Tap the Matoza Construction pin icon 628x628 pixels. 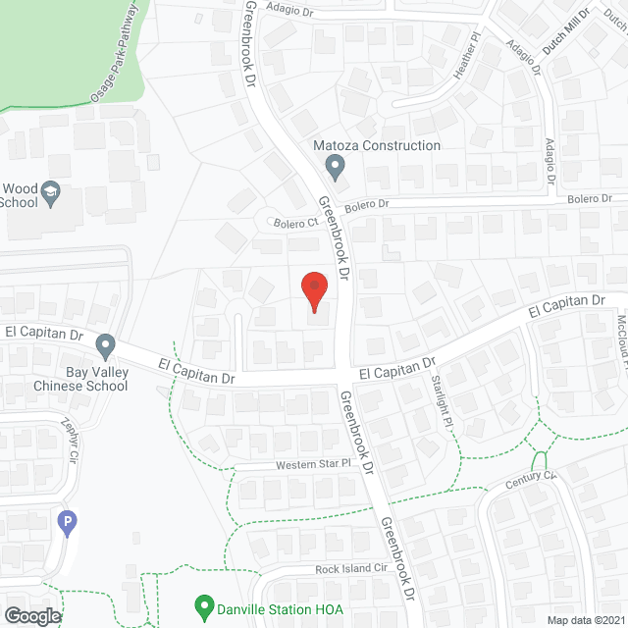[336, 168]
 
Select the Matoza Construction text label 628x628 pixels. [376, 145]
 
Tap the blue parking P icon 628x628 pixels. [68, 522]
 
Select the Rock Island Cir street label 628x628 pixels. [352, 569]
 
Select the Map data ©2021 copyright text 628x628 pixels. [585, 619]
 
